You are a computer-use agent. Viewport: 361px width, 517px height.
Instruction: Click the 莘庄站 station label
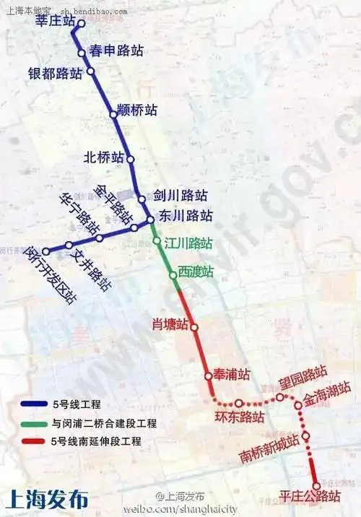click(55, 22)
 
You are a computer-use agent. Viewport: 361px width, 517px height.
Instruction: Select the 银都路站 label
click(55, 74)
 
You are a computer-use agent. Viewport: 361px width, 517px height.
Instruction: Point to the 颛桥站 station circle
click(113, 114)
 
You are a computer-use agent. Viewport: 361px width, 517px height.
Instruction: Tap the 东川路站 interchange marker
click(149, 220)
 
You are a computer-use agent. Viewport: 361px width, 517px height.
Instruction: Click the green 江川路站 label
click(188, 243)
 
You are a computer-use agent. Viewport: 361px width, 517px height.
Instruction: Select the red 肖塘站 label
click(170, 324)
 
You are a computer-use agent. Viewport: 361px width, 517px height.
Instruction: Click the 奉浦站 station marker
click(208, 376)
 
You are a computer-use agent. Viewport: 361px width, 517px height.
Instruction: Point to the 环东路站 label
click(239, 417)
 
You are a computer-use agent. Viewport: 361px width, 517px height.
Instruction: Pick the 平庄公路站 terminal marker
click(316, 485)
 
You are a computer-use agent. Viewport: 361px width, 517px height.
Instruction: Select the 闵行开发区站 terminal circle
click(45, 252)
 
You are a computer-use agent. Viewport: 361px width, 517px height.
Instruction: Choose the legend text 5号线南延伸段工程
click(100, 441)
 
